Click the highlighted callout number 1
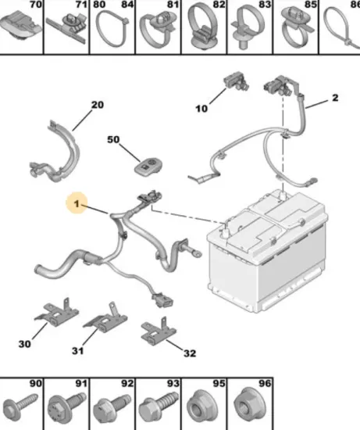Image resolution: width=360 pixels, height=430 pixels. tap(77, 204)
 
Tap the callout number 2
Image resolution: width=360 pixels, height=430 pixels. tap(335, 98)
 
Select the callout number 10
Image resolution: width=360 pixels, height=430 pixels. tap(201, 109)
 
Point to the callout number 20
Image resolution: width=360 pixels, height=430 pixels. tap(98, 105)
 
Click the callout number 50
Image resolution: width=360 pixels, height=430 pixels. tap(113, 140)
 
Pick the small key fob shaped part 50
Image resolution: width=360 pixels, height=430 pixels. tap(148, 167)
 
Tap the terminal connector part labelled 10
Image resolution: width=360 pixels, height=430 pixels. tap(236, 81)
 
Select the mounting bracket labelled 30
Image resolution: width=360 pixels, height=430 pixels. tap(57, 313)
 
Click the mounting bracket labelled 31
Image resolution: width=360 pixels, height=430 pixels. tap(105, 318)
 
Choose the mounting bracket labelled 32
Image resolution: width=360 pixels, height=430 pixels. tap(158, 331)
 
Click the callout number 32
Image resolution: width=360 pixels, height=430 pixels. tap(190, 353)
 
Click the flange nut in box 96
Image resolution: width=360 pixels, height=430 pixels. tap(249, 405)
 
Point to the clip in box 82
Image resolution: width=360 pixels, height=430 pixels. tap(203, 27)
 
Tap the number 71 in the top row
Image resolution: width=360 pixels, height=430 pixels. tap(81, 5)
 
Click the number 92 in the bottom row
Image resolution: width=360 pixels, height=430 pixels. tap(127, 383)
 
